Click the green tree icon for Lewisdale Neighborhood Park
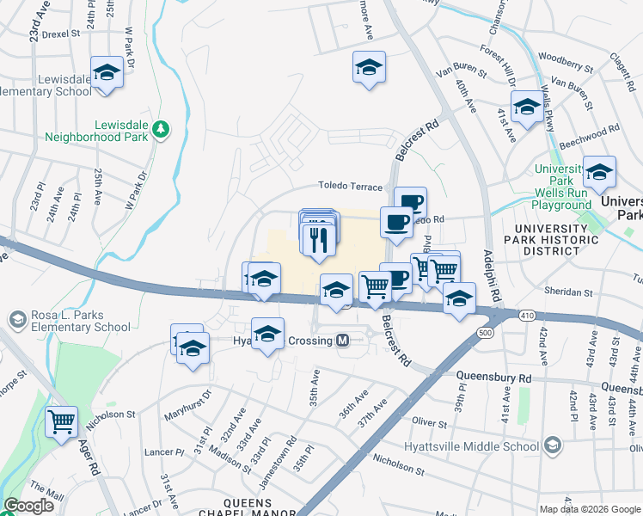(x=160, y=129)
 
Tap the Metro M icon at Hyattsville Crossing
(x=342, y=341)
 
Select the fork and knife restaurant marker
(x=319, y=237)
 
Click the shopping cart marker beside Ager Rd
(x=62, y=422)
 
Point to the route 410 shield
(x=526, y=316)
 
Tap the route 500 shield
(x=486, y=332)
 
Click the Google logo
(x=29, y=506)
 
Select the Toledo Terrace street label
(x=350, y=186)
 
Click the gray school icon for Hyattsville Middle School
(x=551, y=445)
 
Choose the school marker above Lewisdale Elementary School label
(x=107, y=73)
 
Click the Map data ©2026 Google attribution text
(x=589, y=509)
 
